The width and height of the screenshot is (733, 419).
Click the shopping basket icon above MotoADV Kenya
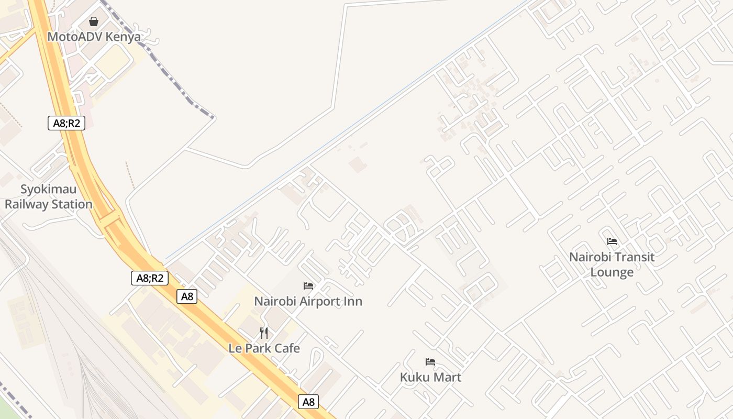(x=94, y=21)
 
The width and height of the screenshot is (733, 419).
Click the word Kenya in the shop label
(x=127, y=37)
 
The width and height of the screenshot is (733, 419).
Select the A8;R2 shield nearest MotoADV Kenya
(x=66, y=124)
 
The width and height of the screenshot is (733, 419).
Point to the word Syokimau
(x=48, y=189)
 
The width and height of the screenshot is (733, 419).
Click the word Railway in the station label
(x=26, y=204)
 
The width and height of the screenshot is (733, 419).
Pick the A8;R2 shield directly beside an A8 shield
(x=150, y=278)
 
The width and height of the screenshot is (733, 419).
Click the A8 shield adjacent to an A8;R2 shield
(x=187, y=296)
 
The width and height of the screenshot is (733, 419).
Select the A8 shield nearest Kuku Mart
(x=308, y=402)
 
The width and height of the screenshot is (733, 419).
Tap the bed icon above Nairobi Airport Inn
(x=308, y=286)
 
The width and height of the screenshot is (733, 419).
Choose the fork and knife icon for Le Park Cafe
(x=264, y=333)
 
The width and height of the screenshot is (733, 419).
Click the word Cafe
(x=286, y=348)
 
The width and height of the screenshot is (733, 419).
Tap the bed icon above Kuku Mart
(x=430, y=362)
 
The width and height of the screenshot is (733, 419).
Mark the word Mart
(x=447, y=377)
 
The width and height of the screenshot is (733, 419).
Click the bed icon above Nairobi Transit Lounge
(x=612, y=241)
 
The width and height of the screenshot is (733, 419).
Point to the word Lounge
(x=612, y=272)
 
